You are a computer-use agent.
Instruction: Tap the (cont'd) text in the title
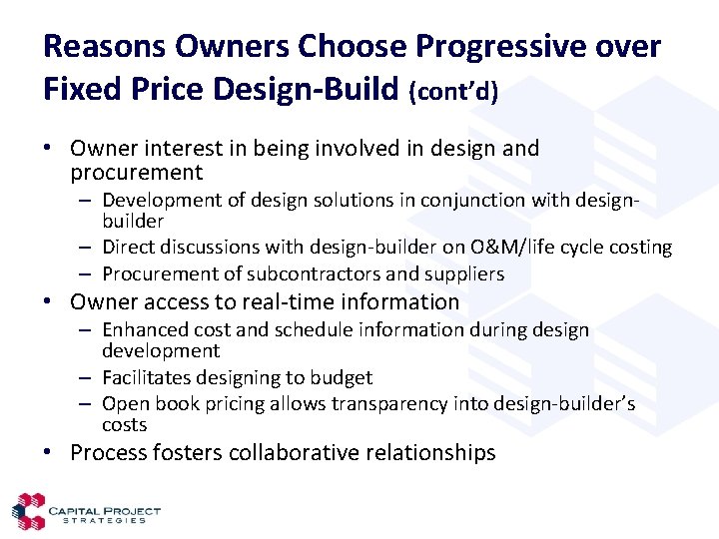(453, 92)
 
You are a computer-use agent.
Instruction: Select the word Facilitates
(149, 377)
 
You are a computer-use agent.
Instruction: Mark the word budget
(340, 377)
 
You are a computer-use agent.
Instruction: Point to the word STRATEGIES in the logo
(104, 520)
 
